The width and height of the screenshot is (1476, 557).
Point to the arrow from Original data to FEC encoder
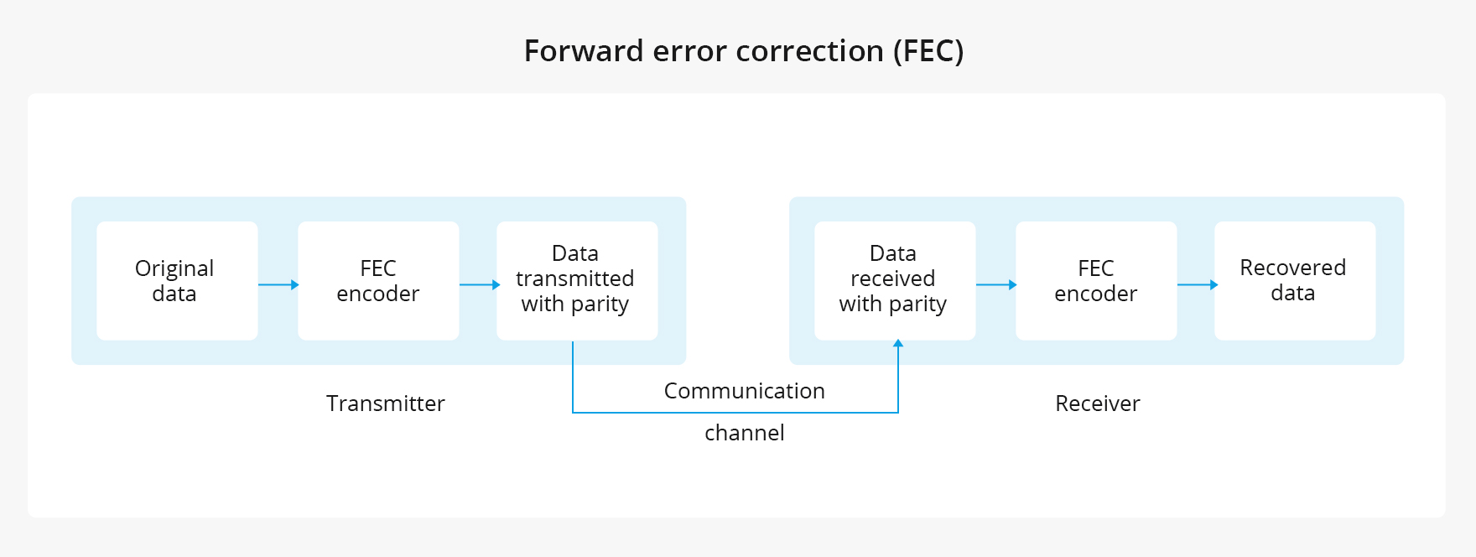point(278,285)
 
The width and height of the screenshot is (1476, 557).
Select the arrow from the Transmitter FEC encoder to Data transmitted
point(479,285)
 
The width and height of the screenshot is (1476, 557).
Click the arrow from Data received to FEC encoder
point(995,285)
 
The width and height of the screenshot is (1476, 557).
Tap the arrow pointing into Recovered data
point(1197,285)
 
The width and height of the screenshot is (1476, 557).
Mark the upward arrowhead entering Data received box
point(898,344)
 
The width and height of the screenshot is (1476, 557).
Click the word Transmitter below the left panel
point(385,403)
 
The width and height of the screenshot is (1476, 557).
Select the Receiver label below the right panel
point(1097,403)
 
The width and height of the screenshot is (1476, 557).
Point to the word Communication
point(744,391)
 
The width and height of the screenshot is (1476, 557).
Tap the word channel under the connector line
point(744,433)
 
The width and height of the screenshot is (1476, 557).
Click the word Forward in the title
point(584,51)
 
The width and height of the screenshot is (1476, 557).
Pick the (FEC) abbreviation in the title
point(928,51)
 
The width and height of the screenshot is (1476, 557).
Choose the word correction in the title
point(809,51)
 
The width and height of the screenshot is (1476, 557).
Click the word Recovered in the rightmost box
point(1292,268)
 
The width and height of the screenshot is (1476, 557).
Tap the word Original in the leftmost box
point(174,268)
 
